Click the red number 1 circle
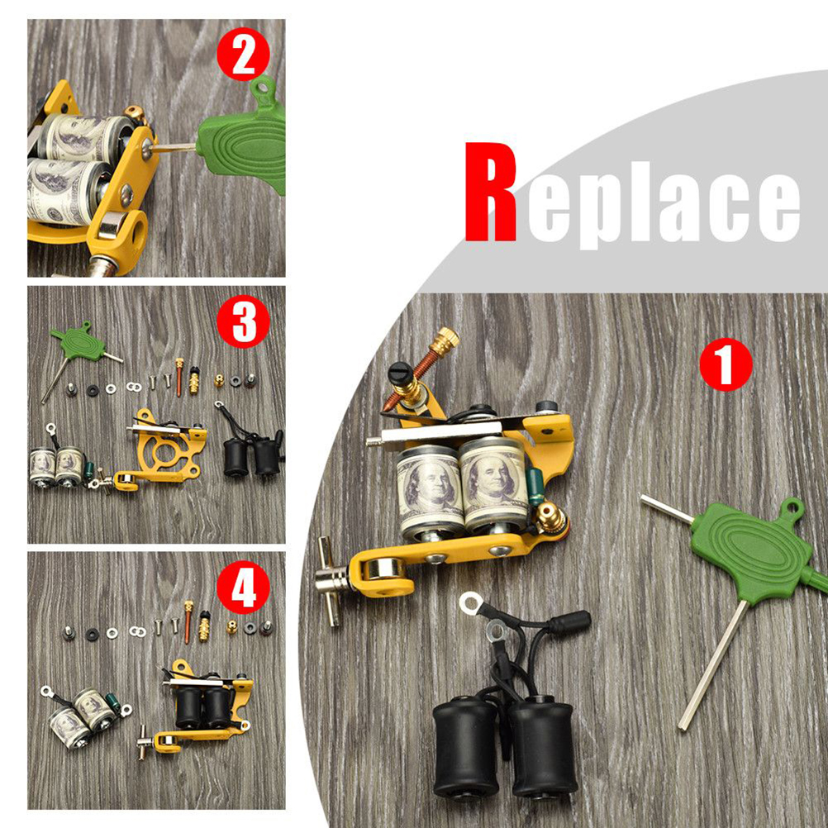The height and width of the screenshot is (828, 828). (x=726, y=365)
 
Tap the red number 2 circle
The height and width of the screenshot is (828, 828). (x=244, y=54)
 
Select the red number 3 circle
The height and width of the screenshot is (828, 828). (x=244, y=321)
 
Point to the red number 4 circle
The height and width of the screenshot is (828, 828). (x=244, y=588)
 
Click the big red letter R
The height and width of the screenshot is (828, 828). (x=491, y=192)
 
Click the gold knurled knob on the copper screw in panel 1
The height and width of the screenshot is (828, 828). (x=444, y=340)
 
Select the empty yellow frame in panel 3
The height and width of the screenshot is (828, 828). (x=160, y=450)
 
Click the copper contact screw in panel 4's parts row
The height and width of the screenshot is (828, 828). (x=188, y=621)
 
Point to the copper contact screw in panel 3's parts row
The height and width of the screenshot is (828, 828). (x=179, y=377)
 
